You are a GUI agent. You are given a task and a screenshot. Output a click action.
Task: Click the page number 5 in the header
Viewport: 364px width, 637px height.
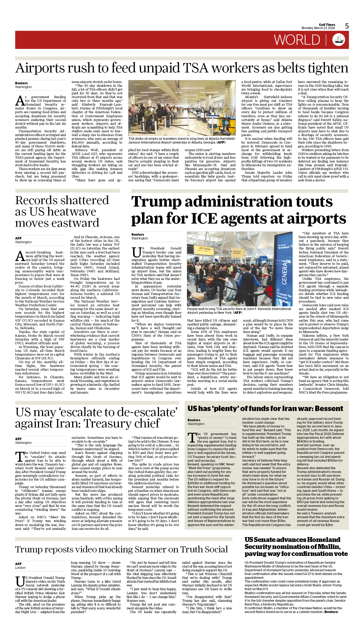click(347, 26)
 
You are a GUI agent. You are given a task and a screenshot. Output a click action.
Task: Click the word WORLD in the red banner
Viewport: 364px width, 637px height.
click(297, 40)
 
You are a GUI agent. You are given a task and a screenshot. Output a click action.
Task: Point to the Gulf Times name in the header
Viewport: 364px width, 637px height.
click(327, 25)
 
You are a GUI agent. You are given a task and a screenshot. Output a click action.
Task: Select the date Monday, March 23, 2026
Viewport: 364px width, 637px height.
click(318, 28)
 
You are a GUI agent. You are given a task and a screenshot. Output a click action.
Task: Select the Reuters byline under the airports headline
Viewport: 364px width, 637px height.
click(21, 83)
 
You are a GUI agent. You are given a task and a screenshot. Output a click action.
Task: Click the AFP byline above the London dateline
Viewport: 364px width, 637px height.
click(18, 564)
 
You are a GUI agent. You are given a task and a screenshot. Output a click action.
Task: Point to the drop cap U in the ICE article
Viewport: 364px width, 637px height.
click(136, 252)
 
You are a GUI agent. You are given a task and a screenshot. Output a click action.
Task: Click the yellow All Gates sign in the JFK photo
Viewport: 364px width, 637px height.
click(205, 249)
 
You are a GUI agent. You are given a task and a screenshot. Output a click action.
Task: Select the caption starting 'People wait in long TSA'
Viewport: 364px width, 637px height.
click(239, 311)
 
